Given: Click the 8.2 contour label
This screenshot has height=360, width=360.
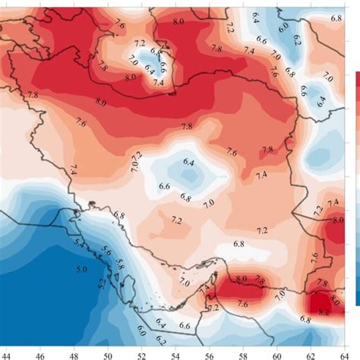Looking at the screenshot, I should (322, 311).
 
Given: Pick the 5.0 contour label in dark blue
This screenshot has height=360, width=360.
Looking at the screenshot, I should (82, 269).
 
